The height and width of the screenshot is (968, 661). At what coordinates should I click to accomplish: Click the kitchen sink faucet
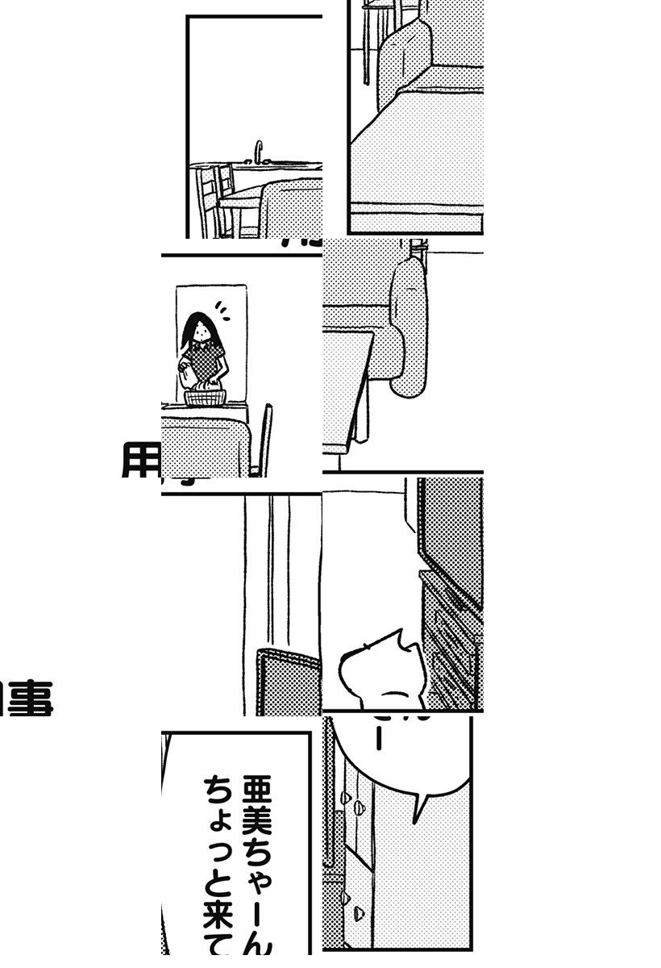(259, 152)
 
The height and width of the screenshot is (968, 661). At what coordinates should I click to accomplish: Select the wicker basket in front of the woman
(205, 396)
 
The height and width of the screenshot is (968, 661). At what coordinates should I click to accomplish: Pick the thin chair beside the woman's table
(264, 440)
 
